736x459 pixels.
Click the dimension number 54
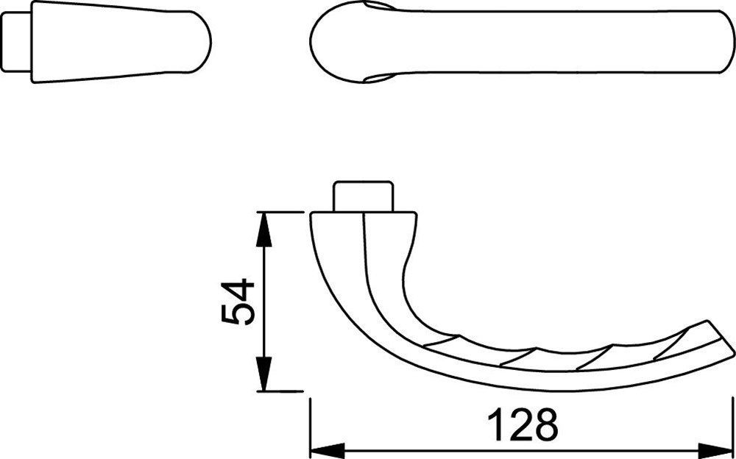(238, 302)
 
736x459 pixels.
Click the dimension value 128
(523, 424)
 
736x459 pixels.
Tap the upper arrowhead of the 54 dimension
(263, 225)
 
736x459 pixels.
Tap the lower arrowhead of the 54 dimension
(263, 378)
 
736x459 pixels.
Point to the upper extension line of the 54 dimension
(283, 212)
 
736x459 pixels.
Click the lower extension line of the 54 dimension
(283, 391)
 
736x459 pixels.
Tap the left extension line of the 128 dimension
(310, 427)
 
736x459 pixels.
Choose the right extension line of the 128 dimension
(733, 427)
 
